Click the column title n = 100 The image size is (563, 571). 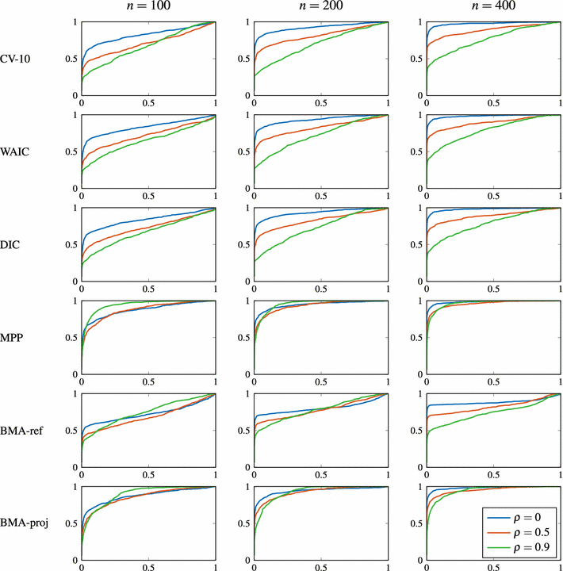pos(148,7)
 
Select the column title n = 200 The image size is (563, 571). pos(320,7)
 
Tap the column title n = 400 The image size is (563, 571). pos(492,7)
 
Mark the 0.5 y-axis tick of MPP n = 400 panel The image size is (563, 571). pos(414,337)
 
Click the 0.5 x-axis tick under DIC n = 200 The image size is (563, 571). pos(320,289)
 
